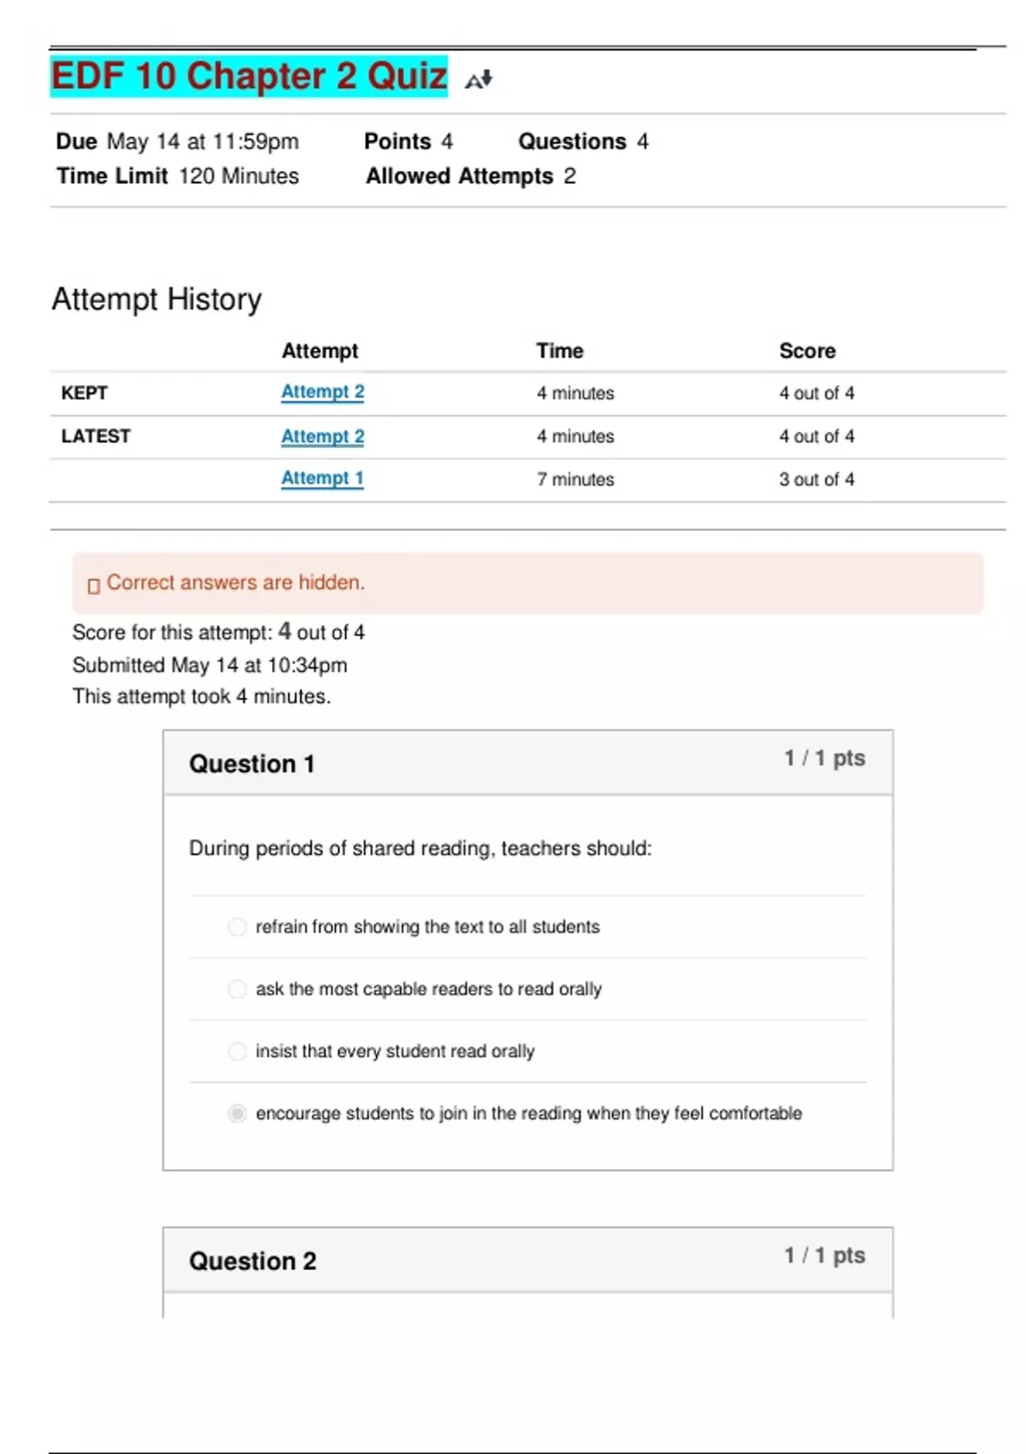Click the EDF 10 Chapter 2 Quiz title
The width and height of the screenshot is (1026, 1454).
click(249, 76)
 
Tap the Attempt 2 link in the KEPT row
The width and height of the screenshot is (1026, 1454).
click(322, 392)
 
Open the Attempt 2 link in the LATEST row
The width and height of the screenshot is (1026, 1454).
click(322, 436)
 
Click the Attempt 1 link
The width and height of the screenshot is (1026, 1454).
click(322, 478)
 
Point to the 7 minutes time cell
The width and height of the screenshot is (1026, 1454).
click(575, 479)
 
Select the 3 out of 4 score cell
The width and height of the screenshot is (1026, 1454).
click(817, 479)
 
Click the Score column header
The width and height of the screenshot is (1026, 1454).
click(807, 351)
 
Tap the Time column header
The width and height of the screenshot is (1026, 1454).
click(560, 351)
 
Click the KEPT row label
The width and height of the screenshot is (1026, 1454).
click(85, 393)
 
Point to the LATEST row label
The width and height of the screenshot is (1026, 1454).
click(96, 436)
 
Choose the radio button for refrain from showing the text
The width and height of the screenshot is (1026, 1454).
click(237, 927)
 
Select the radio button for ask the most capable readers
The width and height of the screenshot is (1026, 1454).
click(237, 990)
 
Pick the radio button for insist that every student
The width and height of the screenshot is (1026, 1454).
click(237, 1051)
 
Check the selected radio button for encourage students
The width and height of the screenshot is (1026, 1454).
click(237, 1114)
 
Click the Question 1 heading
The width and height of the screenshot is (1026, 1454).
click(252, 764)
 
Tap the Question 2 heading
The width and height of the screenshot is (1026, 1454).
click(253, 1261)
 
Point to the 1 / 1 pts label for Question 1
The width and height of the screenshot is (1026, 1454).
click(825, 758)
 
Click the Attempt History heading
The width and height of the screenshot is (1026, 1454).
click(157, 299)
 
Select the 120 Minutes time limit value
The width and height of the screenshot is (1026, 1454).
click(239, 176)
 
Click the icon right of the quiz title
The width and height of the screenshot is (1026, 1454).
click(479, 80)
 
